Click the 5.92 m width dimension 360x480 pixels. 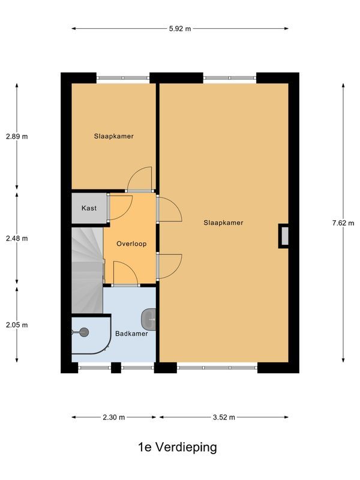click(179, 28)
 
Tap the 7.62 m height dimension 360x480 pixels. click(343, 223)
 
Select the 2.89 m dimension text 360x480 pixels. click(17, 136)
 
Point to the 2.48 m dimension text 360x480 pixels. click(17, 238)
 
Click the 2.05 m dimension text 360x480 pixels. click(17, 325)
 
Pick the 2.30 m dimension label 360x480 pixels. click(113, 417)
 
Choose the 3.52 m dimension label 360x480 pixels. click(223, 417)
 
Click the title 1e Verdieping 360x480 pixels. click(177, 447)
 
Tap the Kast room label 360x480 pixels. click(89, 208)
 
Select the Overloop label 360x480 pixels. click(131, 244)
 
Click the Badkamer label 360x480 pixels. click(131, 334)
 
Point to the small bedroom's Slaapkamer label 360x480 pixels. click(113, 136)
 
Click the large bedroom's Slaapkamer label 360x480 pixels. click(223, 223)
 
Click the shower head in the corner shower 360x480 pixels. click(83, 332)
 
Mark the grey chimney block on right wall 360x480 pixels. click(284, 236)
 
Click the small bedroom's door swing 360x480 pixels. click(141, 179)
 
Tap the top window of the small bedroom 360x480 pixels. click(123, 77)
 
